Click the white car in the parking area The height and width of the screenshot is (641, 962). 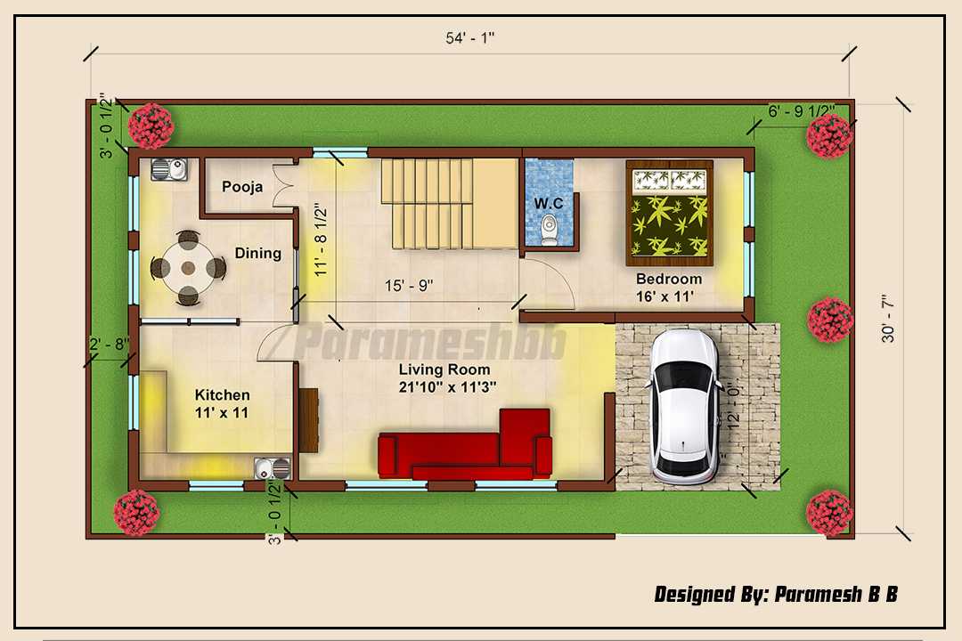684,407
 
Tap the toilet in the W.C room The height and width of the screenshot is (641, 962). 549,230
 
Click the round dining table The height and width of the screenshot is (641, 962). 188,268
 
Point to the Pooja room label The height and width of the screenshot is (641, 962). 242,186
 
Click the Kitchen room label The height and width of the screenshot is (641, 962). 222,395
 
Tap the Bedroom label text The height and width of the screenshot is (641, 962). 669,279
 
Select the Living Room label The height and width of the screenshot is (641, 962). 444,369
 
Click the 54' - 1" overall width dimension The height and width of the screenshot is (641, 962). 470,38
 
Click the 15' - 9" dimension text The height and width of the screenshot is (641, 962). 409,286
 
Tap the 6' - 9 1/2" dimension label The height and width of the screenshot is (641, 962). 802,111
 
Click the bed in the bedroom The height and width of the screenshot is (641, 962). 669,213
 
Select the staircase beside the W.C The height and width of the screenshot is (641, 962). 450,204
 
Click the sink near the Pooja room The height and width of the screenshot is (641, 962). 169,169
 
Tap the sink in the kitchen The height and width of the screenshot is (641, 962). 273,468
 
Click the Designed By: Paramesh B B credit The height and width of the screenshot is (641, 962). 776,595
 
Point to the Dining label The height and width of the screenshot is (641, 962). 257,254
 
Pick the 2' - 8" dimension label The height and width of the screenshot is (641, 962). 110,345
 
